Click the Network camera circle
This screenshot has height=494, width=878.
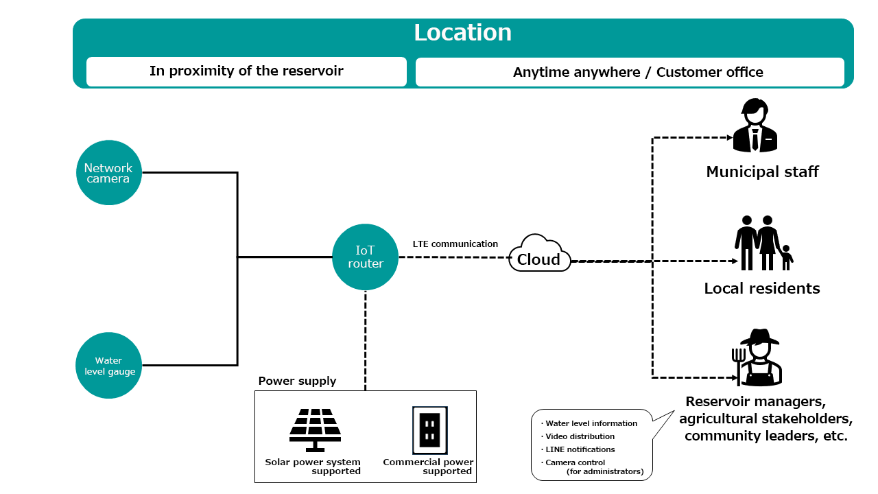click(108, 173)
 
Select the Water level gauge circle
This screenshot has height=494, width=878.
click(108, 366)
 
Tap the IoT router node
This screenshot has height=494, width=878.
click(365, 257)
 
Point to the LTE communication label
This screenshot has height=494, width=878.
click(455, 244)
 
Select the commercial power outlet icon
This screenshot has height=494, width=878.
click(429, 430)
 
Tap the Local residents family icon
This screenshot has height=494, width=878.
click(763, 243)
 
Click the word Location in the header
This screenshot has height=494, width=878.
click(462, 33)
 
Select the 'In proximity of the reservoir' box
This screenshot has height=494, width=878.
click(246, 71)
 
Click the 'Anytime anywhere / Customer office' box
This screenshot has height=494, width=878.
click(630, 72)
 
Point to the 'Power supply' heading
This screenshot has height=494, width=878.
click(297, 381)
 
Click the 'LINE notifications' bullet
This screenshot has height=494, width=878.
click(580, 449)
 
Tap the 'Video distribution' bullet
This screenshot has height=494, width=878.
click(580, 436)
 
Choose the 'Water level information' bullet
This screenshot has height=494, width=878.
click(591, 423)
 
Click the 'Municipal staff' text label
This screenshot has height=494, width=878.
click(762, 172)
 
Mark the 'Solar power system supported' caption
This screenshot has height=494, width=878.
click(313, 467)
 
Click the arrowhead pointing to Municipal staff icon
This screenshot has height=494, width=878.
click(730, 137)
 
